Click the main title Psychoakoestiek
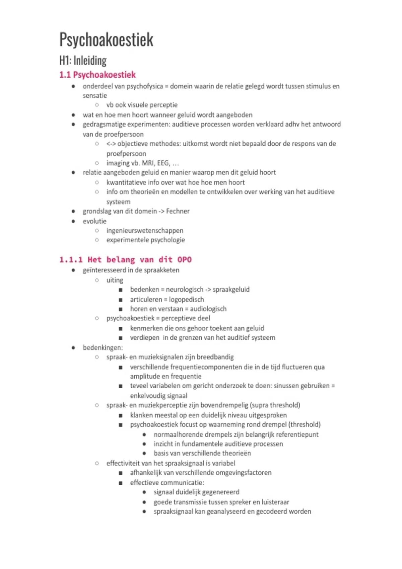(x=106, y=39)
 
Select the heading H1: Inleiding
(x=83, y=61)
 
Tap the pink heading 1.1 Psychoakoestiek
(x=97, y=75)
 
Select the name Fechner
(x=178, y=211)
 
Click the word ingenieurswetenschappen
(x=145, y=231)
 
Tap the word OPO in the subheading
(x=184, y=260)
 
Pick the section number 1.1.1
(x=71, y=260)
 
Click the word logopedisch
(x=186, y=300)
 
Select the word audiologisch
(x=208, y=309)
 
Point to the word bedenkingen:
(x=103, y=347)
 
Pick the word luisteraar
(x=275, y=502)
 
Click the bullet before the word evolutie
(x=73, y=221)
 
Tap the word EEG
(x=163, y=163)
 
